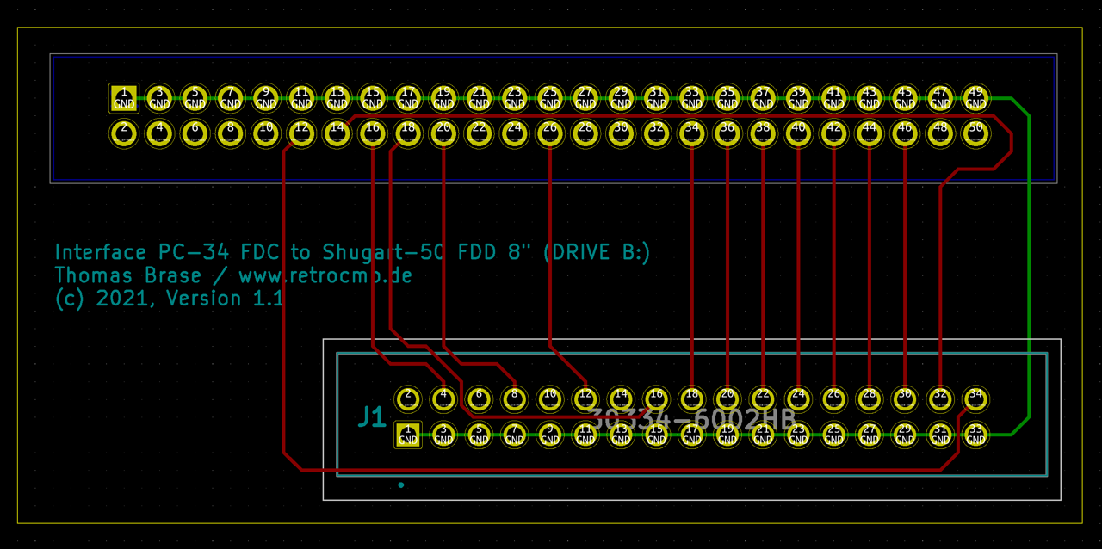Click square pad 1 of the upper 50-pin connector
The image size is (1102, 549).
(124, 98)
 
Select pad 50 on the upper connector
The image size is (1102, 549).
(975, 133)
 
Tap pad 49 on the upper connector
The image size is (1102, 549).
(975, 97)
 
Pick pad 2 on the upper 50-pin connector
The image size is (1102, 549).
(124, 133)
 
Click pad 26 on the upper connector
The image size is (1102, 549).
(549, 133)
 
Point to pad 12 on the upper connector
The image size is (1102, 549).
(301, 133)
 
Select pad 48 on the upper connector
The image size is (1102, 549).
(940, 133)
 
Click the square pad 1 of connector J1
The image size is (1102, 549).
(408, 435)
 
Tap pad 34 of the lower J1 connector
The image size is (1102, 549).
(975, 398)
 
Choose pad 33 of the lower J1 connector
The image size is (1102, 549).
(975, 435)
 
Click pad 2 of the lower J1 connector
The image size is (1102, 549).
(408, 398)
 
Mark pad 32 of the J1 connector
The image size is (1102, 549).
(940, 398)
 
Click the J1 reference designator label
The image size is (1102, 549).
(371, 417)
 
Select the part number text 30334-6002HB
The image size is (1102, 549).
(693, 418)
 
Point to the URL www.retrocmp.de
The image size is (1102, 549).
(325, 276)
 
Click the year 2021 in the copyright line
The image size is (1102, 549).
(126, 299)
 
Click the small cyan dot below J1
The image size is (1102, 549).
(401, 485)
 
